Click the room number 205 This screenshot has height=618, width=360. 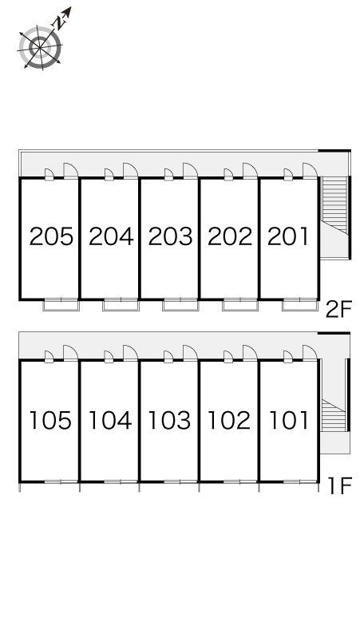pos(51,236)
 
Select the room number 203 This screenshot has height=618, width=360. pos(171,236)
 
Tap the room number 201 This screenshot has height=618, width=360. pos(288,236)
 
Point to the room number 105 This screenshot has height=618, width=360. pos(51,420)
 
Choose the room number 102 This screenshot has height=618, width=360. pos(229,420)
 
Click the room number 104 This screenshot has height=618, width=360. pos(110,420)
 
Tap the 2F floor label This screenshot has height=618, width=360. pos(338,309)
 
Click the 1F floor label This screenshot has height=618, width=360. pos(339,485)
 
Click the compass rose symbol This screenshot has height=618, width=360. pos(40,48)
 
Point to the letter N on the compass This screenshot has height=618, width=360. pos(59,24)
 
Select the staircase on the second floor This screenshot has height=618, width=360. pos(334,205)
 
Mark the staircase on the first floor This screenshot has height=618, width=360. pos(334,415)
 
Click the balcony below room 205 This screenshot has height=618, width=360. pos(61,305)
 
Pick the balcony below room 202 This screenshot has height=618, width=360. pos(240,305)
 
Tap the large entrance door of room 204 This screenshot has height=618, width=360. pos(130,171)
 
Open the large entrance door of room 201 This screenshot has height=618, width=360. pos(310,171)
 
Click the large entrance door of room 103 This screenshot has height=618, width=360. pos(190,353)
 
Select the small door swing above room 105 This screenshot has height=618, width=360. pos(49,356)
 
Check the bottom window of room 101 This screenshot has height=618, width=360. pos(299,481)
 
